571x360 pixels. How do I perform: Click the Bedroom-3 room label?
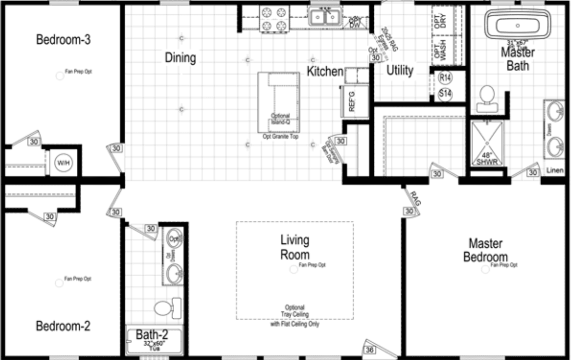[63, 40]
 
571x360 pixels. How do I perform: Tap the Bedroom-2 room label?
[63, 326]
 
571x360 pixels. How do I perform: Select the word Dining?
[180, 58]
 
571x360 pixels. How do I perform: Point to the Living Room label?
[295, 247]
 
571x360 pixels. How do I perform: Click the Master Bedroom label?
[485, 250]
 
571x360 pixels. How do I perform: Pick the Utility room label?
[400, 71]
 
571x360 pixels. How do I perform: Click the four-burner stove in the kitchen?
[274, 19]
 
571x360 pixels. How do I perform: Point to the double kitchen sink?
[325, 18]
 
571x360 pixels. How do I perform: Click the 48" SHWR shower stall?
[487, 144]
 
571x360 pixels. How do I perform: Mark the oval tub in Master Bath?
[517, 24]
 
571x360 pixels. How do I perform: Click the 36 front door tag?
[369, 349]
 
